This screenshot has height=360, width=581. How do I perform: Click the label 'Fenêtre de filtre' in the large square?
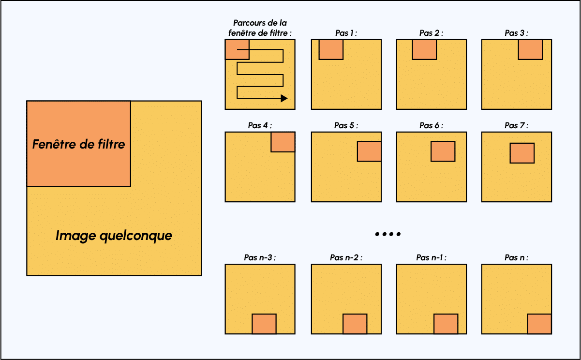point(78,144)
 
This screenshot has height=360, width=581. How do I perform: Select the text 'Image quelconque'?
point(114,236)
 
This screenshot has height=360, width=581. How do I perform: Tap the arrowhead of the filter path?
point(284,98)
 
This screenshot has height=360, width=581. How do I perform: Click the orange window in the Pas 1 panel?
point(331,50)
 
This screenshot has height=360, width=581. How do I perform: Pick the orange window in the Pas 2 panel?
point(424,50)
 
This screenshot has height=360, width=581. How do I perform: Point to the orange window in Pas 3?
point(530,50)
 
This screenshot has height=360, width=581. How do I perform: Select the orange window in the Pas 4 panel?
point(283,142)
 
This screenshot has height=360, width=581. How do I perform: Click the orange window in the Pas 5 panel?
point(369,151)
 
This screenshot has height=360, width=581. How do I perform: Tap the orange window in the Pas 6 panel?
point(443,151)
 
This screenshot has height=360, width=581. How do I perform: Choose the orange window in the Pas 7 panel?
point(522,153)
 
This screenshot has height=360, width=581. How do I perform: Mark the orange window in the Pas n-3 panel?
point(264,324)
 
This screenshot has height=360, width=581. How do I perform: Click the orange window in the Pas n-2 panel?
point(355,324)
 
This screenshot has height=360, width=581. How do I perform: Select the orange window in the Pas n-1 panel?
point(446,324)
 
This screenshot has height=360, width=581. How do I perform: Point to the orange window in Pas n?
point(539,324)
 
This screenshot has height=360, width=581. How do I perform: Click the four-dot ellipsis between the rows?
point(388,234)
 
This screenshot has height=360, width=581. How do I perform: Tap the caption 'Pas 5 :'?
point(346,125)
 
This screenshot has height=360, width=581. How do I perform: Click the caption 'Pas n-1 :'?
point(431,257)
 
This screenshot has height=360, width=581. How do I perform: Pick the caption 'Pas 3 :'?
point(516,33)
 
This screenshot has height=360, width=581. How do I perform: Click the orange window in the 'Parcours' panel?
point(237,50)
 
